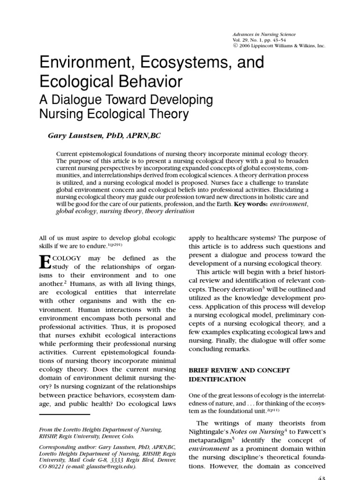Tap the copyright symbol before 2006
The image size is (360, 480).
[x=235, y=46]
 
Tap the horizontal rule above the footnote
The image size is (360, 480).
[x=64, y=414]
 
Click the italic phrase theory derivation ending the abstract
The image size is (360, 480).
[x=170, y=211]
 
